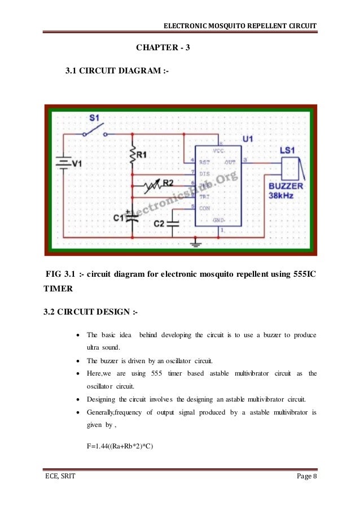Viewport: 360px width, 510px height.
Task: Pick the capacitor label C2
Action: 160,224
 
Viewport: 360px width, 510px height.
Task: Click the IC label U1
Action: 249,138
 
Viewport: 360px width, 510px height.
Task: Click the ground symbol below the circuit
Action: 196,243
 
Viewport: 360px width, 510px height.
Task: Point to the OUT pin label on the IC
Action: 230,162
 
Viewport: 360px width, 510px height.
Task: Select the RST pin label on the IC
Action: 205,162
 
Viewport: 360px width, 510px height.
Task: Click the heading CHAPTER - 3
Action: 164,47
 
